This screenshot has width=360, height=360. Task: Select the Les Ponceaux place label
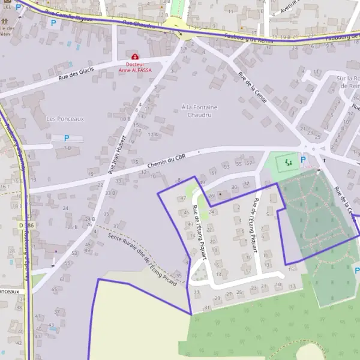65,119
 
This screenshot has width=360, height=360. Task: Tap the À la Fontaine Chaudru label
199,111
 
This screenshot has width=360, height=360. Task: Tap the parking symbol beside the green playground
303,160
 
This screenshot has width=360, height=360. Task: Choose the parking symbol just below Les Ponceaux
67,138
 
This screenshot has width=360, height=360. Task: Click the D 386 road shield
23,225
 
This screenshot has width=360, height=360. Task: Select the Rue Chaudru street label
139,24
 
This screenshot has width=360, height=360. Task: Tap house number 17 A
152,134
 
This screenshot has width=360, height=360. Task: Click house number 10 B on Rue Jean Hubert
125,119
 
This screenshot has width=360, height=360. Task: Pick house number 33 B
110,193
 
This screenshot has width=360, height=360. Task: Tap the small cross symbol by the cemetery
325,160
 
